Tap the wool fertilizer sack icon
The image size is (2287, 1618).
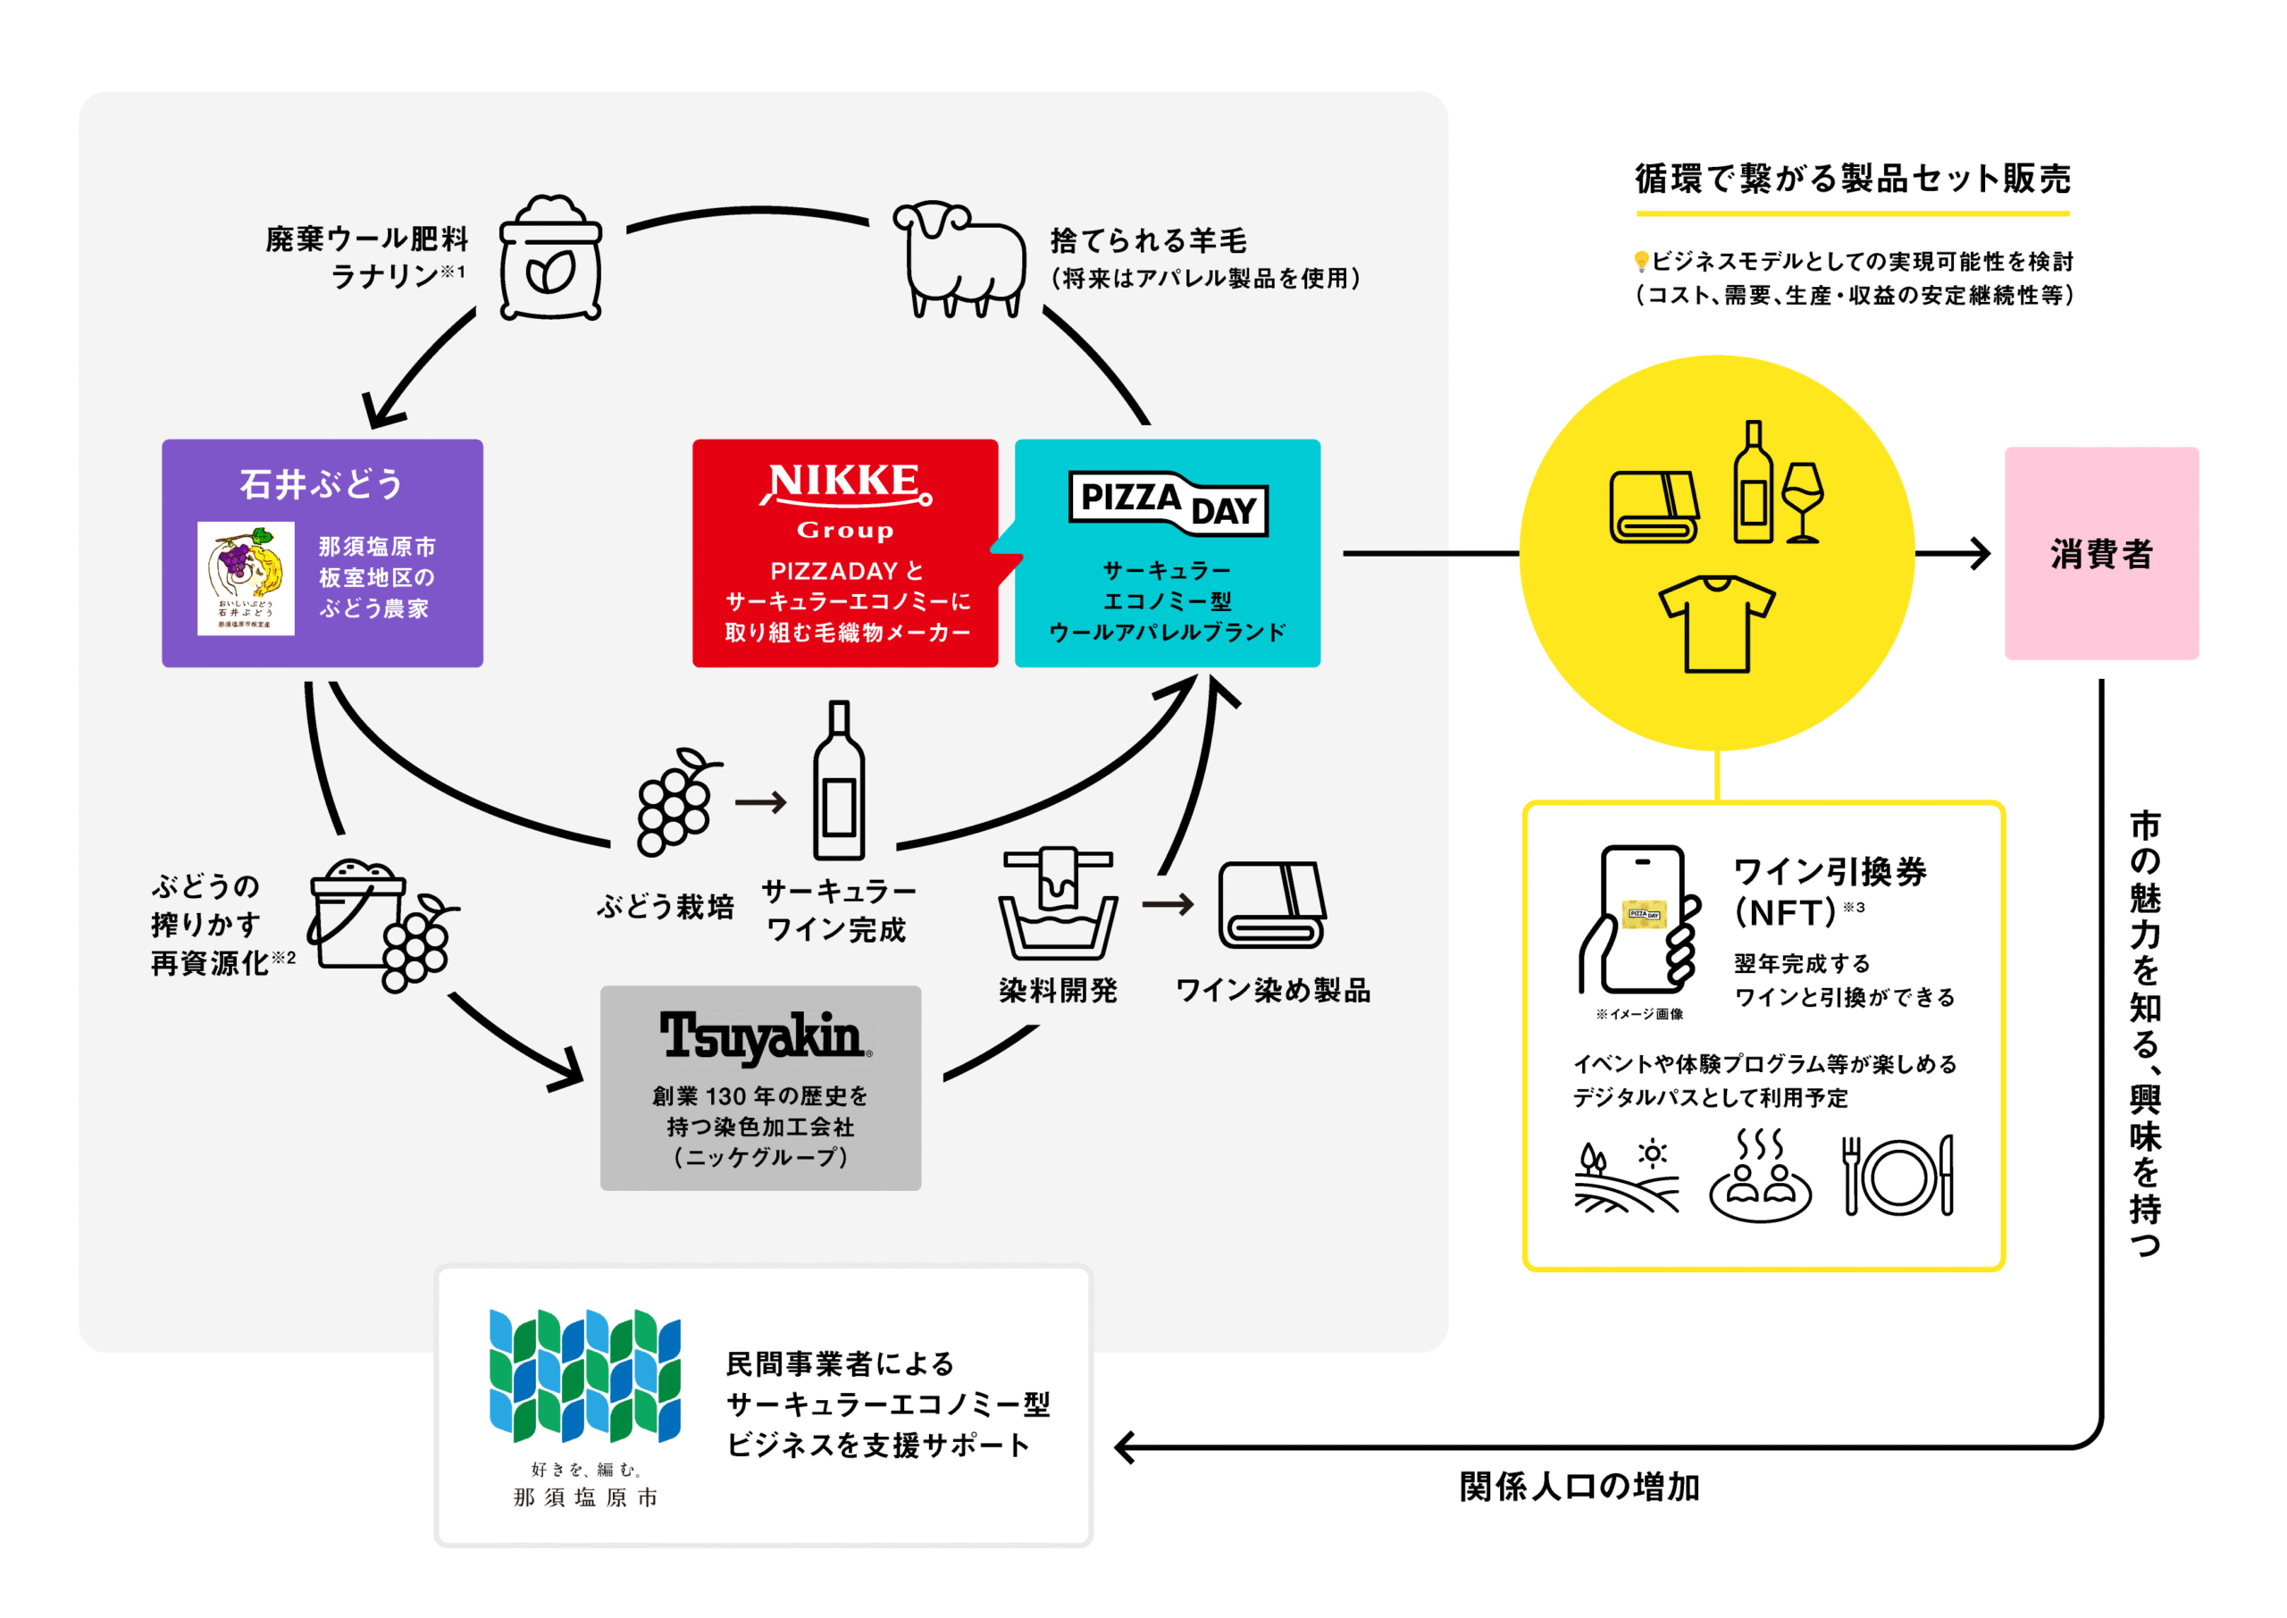click(551, 257)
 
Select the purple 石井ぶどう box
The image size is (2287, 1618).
click(323, 553)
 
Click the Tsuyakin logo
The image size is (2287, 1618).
click(765, 1036)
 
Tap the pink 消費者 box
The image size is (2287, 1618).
click(2102, 553)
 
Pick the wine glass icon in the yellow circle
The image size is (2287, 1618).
click(1802, 502)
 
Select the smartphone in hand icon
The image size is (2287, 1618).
click(1639, 919)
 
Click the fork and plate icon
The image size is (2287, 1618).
click(1897, 1176)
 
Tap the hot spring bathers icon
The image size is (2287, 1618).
click(1760, 1176)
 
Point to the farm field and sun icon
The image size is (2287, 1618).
click(1627, 1176)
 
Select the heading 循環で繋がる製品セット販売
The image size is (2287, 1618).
click(1853, 180)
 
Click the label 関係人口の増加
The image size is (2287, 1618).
click(1579, 1487)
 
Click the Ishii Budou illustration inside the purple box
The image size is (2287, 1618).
click(246, 578)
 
